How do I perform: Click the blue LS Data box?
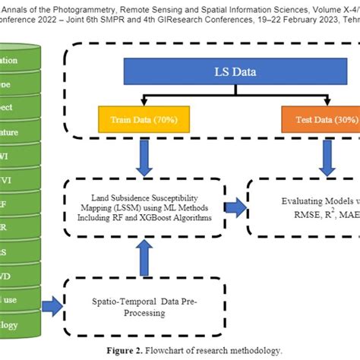(221, 75)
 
